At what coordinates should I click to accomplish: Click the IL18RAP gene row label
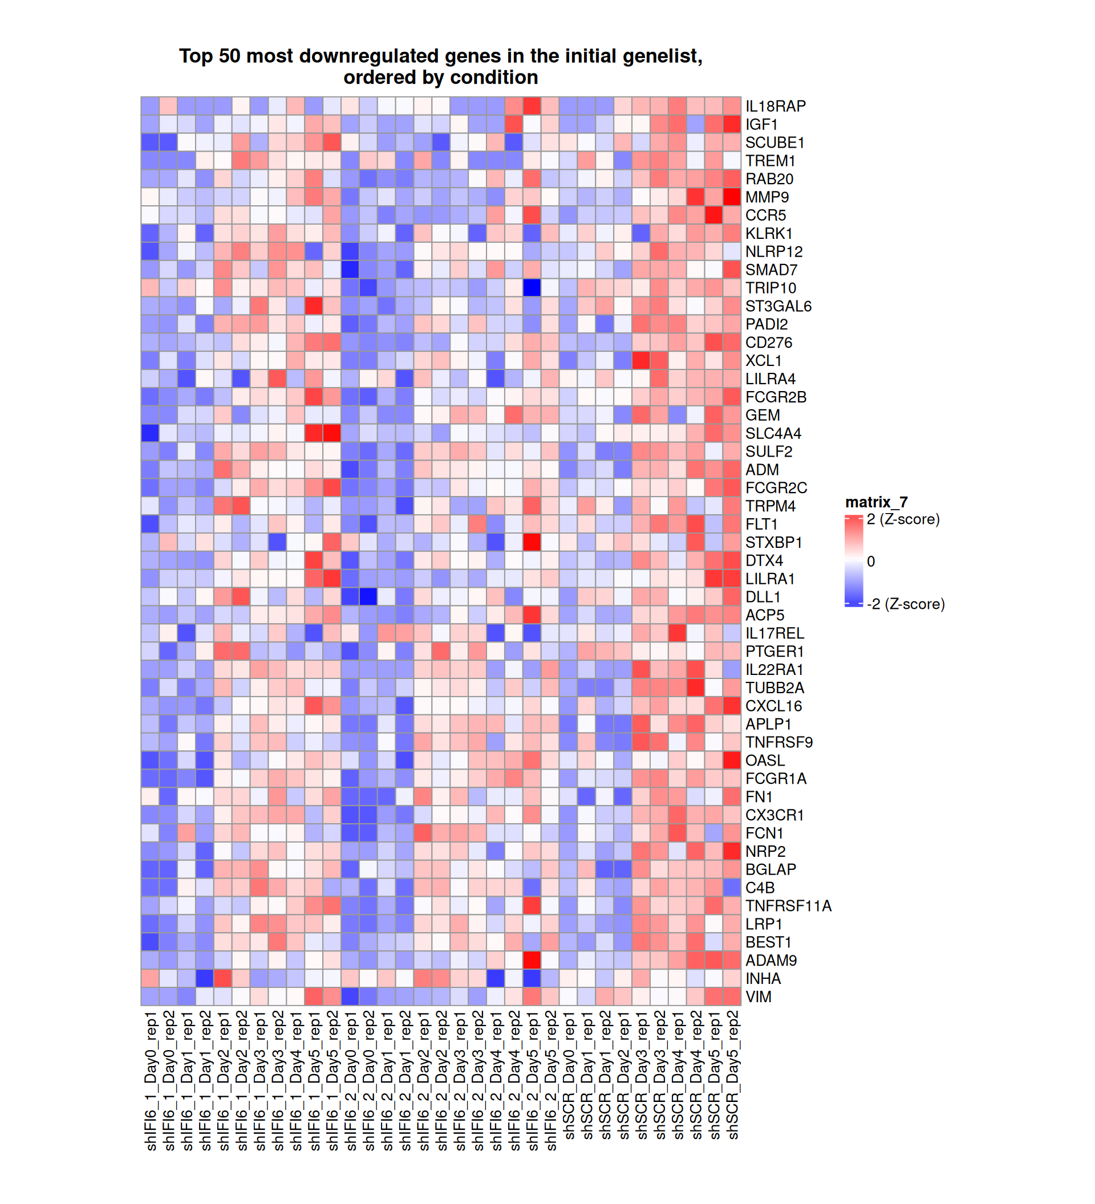click(775, 106)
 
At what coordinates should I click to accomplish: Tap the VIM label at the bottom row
click(758, 996)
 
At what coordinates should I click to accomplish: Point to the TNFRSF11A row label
click(788, 906)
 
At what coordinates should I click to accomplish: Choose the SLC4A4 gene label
click(773, 434)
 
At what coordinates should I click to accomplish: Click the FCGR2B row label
click(776, 397)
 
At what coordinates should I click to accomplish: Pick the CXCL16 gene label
click(773, 706)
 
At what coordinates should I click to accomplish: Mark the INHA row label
click(763, 979)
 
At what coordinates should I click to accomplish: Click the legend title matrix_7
click(876, 502)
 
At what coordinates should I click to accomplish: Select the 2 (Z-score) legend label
click(903, 519)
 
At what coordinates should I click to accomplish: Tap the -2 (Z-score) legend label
click(905, 604)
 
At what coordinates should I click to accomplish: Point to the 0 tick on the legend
click(870, 562)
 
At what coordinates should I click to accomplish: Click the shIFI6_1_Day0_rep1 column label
click(151, 1081)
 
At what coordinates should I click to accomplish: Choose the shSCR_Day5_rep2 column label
click(732, 1075)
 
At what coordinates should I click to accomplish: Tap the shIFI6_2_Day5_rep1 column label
click(532, 1081)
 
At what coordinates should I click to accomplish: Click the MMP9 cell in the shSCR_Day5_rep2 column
click(732, 197)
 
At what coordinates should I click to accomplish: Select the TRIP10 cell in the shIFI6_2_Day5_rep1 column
click(532, 288)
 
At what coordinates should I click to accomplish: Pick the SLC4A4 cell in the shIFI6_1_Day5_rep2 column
click(332, 434)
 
